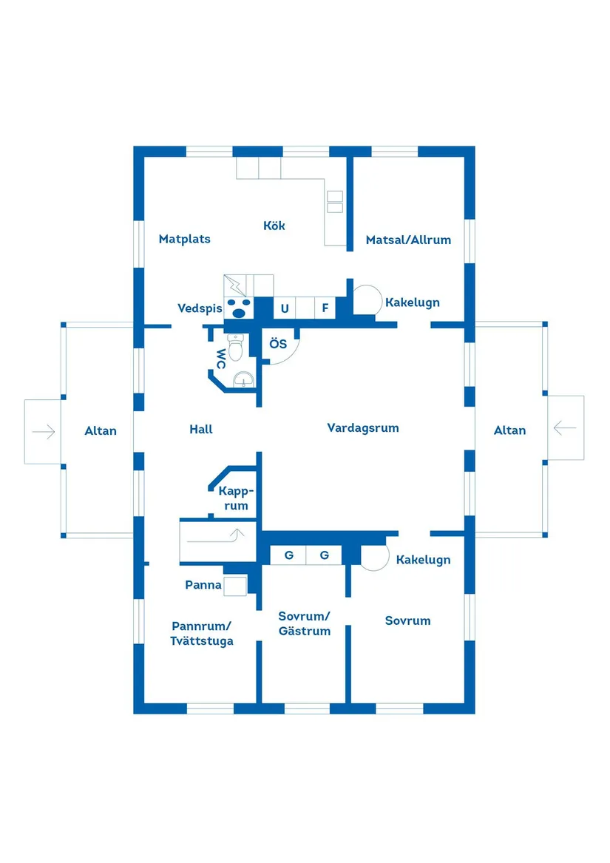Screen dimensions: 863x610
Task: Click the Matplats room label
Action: pos(184,239)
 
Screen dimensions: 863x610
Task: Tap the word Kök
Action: pos(274,226)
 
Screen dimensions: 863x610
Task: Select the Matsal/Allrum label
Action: pos(408,240)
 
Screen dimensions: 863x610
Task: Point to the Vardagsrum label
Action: pos(362,427)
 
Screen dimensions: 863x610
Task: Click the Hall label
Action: pos(200,429)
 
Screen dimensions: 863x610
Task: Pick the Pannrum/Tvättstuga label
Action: pos(202,632)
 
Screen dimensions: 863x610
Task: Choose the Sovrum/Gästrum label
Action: pos(304,623)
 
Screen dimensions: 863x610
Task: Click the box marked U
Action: pos(284,308)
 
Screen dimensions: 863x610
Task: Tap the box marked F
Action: pos(325,308)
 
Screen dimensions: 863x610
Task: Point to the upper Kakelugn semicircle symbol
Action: pos(366,300)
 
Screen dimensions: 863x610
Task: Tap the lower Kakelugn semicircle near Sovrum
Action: pos(374,557)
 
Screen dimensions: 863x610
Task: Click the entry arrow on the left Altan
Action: pos(44,432)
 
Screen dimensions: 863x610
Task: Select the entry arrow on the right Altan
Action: pos(565,427)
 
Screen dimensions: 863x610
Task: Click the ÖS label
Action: pos(277,344)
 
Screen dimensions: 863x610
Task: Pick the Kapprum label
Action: pos(236,498)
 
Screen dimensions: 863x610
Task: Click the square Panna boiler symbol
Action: pos(234,585)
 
